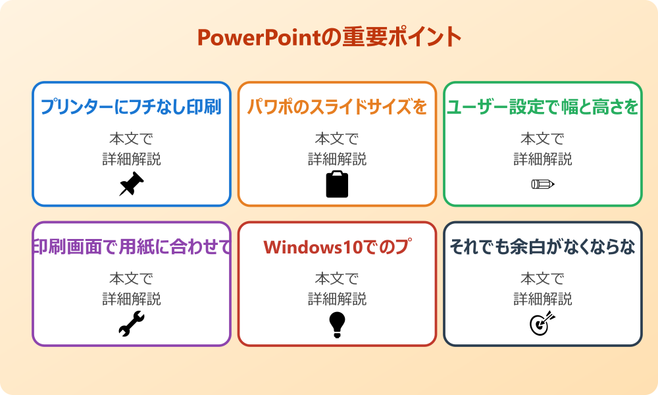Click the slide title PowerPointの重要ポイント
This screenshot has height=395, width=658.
click(x=329, y=38)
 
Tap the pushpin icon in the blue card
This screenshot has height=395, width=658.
click(x=132, y=184)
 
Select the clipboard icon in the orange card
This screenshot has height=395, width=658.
click(x=337, y=184)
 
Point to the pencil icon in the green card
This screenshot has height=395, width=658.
click(x=543, y=184)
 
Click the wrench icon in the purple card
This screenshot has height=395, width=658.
click(x=132, y=324)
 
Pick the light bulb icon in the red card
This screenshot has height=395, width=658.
click(x=337, y=324)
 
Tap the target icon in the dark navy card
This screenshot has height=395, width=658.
click(x=543, y=324)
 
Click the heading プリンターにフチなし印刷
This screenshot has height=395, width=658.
click(x=132, y=107)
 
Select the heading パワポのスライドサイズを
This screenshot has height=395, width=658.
click(x=337, y=107)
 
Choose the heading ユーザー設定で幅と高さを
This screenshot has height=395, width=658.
click(x=543, y=107)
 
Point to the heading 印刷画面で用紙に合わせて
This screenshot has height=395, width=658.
click(x=132, y=247)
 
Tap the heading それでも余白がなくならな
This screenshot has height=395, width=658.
click(x=543, y=247)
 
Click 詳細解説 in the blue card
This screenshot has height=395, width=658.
click(x=132, y=159)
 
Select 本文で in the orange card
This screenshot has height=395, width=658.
click(x=337, y=139)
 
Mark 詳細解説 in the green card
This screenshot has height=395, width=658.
click(x=543, y=159)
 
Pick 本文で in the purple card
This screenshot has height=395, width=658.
click(x=132, y=278)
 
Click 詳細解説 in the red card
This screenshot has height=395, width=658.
click(x=337, y=299)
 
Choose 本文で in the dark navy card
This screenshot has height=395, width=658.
click(x=543, y=278)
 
